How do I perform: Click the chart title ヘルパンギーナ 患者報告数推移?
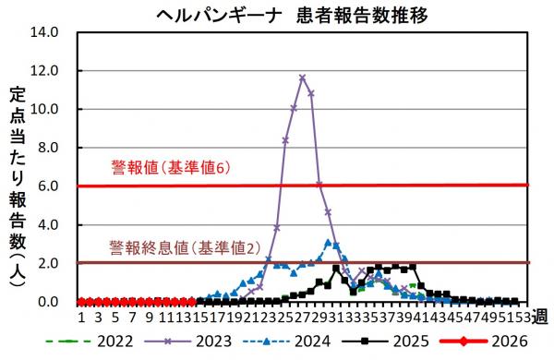click(x=277, y=15)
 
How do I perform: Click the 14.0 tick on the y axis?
click(x=44, y=31)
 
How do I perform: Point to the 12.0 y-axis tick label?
click(x=44, y=70)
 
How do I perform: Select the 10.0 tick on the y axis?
click(x=44, y=109)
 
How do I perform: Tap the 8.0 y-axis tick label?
click(x=48, y=148)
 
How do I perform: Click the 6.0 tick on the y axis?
click(x=48, y=186)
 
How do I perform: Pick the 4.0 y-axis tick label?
click(x=48, y=225)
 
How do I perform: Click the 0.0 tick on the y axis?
click(x=48, y=302)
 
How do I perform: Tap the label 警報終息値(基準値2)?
click(x=179, y=247)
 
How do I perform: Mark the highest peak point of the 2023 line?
click(x=302, y=78)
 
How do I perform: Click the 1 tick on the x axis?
click(x=81, y=318)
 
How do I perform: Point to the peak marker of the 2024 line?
click(x=328, y=243)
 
